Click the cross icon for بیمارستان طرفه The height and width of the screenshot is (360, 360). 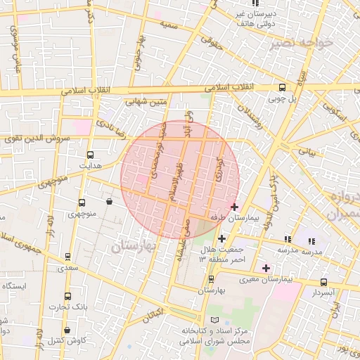[234, 207]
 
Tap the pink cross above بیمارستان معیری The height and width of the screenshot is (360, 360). [266, 268]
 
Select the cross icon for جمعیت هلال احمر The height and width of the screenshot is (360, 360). [221, 238]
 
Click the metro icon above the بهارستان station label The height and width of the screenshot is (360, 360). [210, 279]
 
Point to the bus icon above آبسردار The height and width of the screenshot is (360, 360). [323, 281]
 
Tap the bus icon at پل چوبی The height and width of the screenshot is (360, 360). [282, 88]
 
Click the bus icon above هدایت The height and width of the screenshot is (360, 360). [90, 155]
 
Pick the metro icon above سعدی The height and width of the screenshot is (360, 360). [67, 257]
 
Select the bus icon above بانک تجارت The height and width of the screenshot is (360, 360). [67, 296]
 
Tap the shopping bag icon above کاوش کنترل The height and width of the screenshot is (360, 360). [67, 330]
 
